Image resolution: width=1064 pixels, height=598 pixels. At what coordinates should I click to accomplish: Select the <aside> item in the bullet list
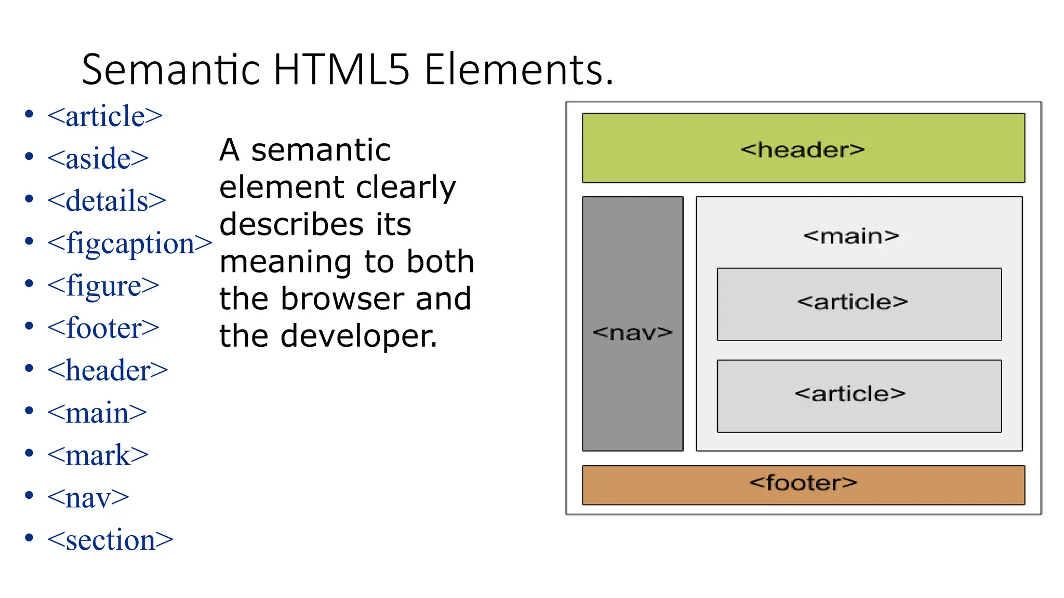98,158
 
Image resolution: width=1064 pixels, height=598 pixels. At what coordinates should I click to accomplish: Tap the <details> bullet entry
107,201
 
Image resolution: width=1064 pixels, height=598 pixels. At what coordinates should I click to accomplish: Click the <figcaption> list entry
129,243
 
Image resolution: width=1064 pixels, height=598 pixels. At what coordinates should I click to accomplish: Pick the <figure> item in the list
103,286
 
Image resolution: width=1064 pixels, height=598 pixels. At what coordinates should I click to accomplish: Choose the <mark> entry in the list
98,455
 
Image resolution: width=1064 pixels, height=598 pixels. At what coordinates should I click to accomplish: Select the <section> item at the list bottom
110,540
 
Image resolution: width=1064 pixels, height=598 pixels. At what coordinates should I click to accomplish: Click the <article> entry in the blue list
104,116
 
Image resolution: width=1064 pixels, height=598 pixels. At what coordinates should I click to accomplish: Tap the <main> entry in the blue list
97,413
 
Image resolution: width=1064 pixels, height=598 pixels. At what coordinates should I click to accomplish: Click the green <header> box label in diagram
803,149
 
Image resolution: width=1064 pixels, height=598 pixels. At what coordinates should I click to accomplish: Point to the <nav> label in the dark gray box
632,332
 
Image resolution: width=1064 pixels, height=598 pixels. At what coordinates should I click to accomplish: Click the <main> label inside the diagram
851,236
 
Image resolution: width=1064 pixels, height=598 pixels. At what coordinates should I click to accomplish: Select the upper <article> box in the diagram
859,304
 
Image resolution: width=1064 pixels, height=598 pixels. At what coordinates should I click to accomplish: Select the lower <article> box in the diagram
859,396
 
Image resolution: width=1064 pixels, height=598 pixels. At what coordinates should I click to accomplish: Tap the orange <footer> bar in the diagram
803,484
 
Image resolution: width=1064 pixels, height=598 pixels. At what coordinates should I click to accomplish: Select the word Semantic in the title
171,70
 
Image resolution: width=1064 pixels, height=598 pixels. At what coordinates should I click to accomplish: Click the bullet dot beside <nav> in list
29,495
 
